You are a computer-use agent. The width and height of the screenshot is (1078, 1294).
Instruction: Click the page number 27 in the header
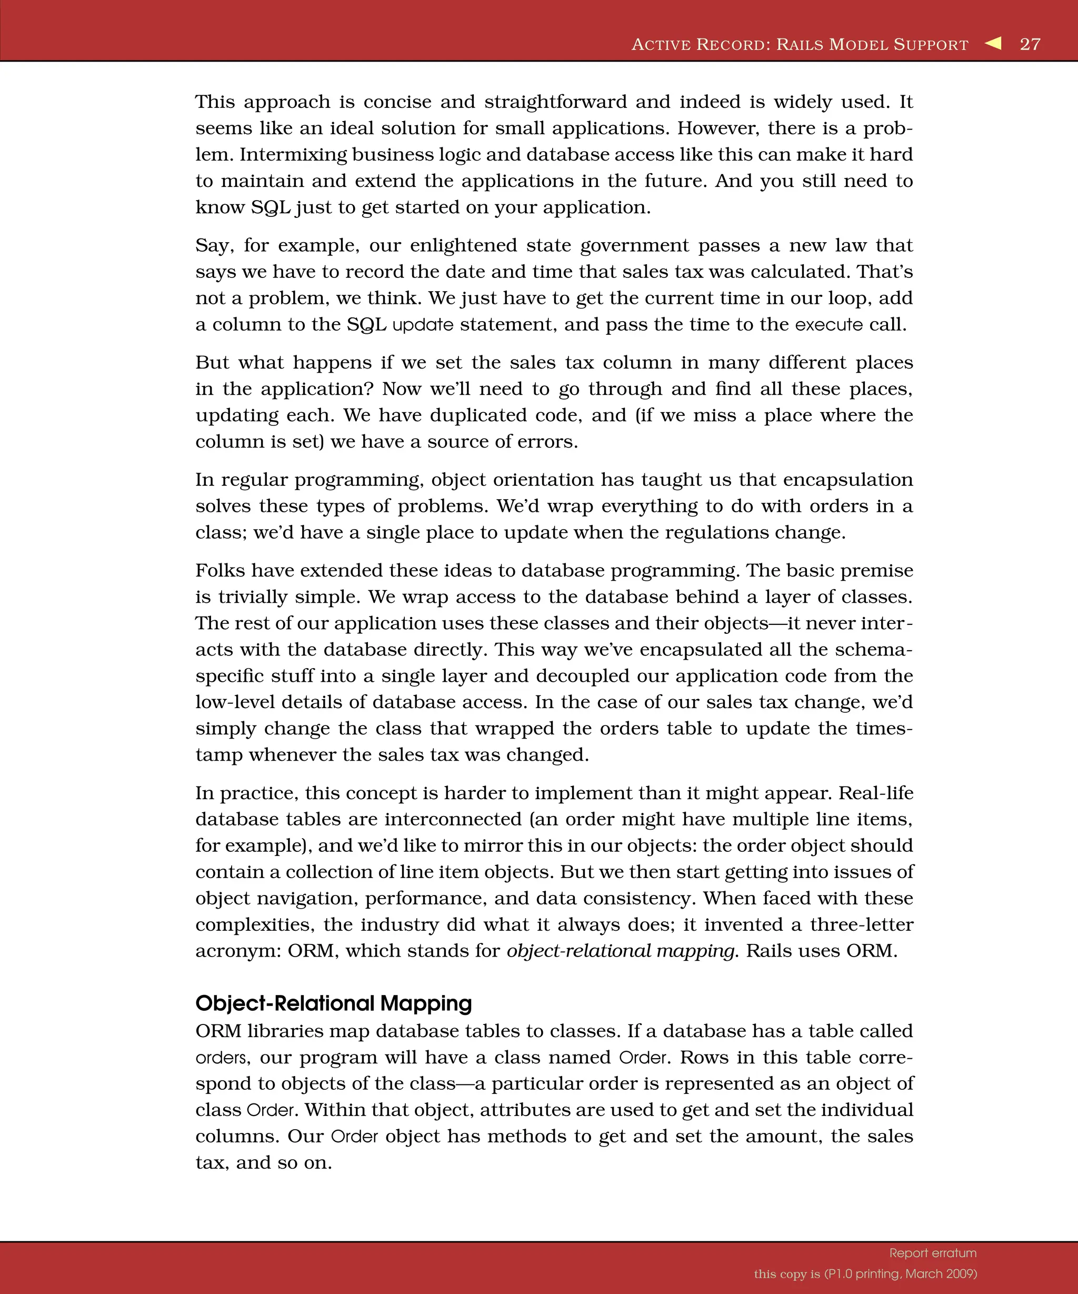click(1030, 44)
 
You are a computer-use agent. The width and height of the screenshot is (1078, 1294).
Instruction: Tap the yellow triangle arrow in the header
click(993, 43)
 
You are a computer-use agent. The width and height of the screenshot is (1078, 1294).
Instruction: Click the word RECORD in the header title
click(732, 45)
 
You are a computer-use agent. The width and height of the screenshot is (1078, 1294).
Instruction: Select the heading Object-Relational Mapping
click(333, 1003)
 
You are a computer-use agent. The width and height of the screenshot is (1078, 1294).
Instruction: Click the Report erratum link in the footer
click(933, 1253)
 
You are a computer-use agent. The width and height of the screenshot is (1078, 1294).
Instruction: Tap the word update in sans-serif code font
click(423, 325)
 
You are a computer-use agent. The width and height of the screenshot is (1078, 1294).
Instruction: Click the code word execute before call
click(829, 325)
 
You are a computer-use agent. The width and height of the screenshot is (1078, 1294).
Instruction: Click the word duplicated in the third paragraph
click(478, 415)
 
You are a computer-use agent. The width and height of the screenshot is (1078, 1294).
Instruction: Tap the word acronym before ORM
click(238, 951)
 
